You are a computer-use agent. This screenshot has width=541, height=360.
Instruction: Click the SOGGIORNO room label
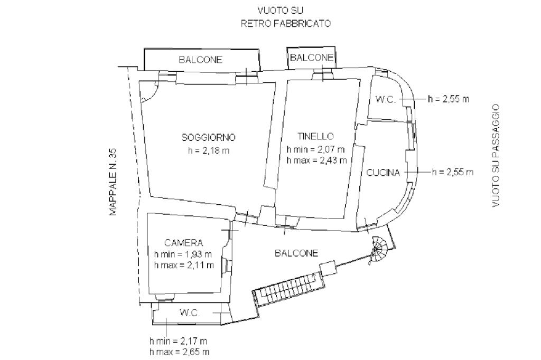coord(208,138)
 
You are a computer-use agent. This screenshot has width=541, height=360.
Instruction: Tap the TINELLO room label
coord(315,136)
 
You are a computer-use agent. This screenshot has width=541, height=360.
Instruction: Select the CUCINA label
coord(383,173)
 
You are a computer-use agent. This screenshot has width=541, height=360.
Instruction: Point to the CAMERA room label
coord(183,243)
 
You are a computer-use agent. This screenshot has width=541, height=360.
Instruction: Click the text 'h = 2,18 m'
coord(208,150)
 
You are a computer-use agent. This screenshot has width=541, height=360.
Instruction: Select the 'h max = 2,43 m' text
coord(316,160)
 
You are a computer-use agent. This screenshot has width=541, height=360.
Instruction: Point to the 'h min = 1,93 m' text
coord(183,254)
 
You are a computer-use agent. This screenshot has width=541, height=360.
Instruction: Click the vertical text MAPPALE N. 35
coord(113,182)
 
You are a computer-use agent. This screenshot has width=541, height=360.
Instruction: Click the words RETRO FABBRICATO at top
coord(286,23)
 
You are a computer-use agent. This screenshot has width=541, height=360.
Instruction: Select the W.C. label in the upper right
coord(385,99)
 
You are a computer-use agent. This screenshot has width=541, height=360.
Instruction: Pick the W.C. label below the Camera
coord(189,313)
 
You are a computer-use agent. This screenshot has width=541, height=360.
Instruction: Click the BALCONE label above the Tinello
coord(312,57)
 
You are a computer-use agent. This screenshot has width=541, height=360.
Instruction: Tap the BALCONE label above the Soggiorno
coord(200,60)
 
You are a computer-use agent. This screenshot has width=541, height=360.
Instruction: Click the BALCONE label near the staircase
coord(296,253)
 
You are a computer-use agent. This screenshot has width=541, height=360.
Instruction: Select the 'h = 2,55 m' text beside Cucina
coord(453,172)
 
